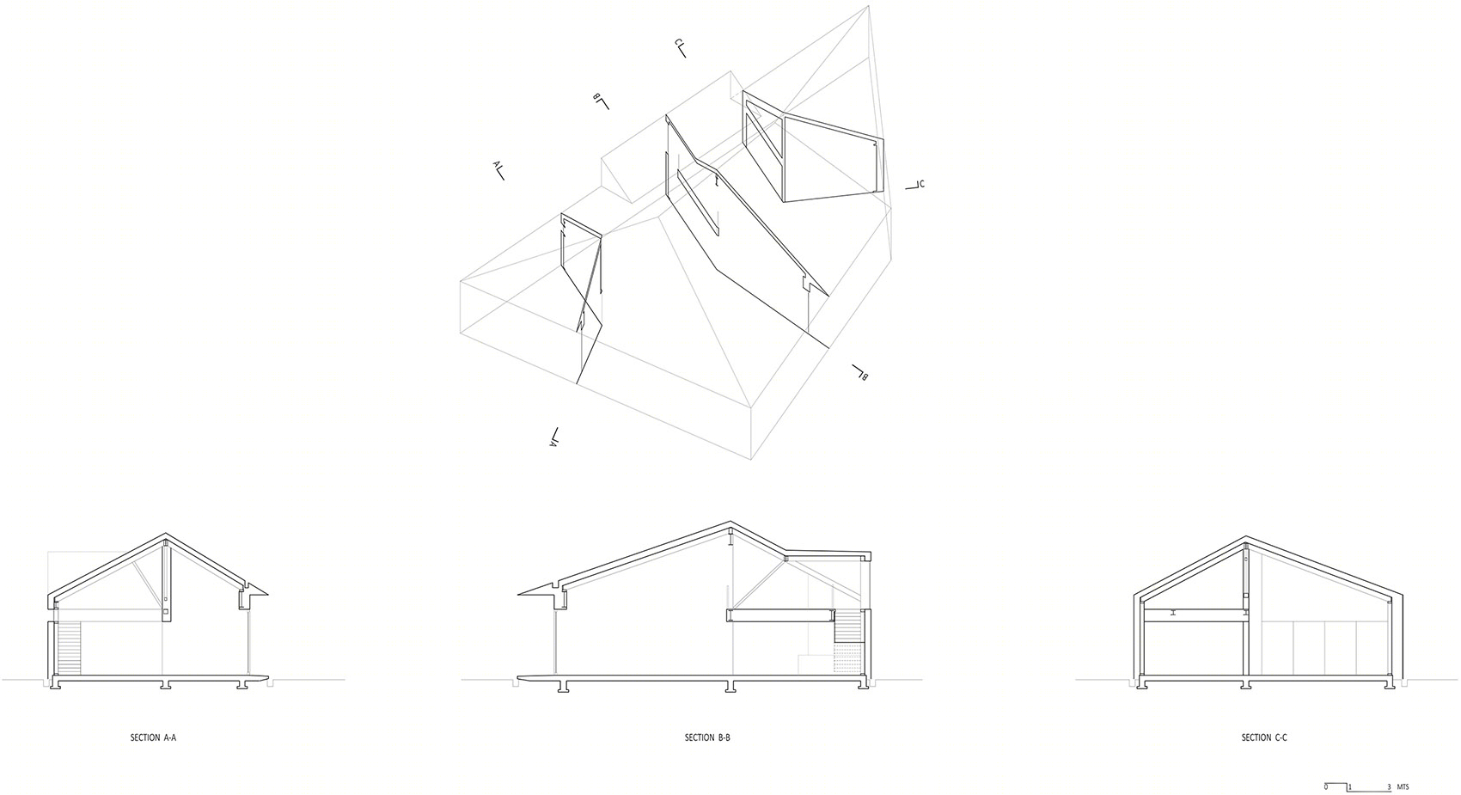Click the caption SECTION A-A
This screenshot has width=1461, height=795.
pyautogui.click(x=153, y=737)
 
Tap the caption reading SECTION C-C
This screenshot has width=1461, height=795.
pyautogui.click(x=1264, y=737)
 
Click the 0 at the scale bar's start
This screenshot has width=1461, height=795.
pyautogui.click(x=1326, y=787)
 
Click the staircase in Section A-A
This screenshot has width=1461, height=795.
pyautogui.click(x=69, y=648)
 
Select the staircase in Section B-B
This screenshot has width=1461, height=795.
pyautogui.click(x=847, y=627)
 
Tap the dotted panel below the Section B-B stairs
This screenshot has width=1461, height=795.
pyautogui.click(x=847, y=658)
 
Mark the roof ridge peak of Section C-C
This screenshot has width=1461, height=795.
pyautogui.click(x=1246, y=538)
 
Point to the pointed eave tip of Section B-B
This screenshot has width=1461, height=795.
pyautogui.click(x=519, y=594)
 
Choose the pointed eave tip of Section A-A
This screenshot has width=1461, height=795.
pyautogui.click(x=267, y=594)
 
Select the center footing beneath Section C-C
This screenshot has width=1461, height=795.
pyautogui.click(x=1246, y=685)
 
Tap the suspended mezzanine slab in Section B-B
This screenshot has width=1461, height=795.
pyautogui.click(x=780, y=615)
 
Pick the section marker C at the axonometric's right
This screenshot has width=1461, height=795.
pyautogui.click(x=915, y=186)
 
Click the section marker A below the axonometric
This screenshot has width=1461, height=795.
pyautogui.click(x=554, y=437)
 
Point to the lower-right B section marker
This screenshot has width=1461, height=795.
pyautogui.click(x=860, y=372)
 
